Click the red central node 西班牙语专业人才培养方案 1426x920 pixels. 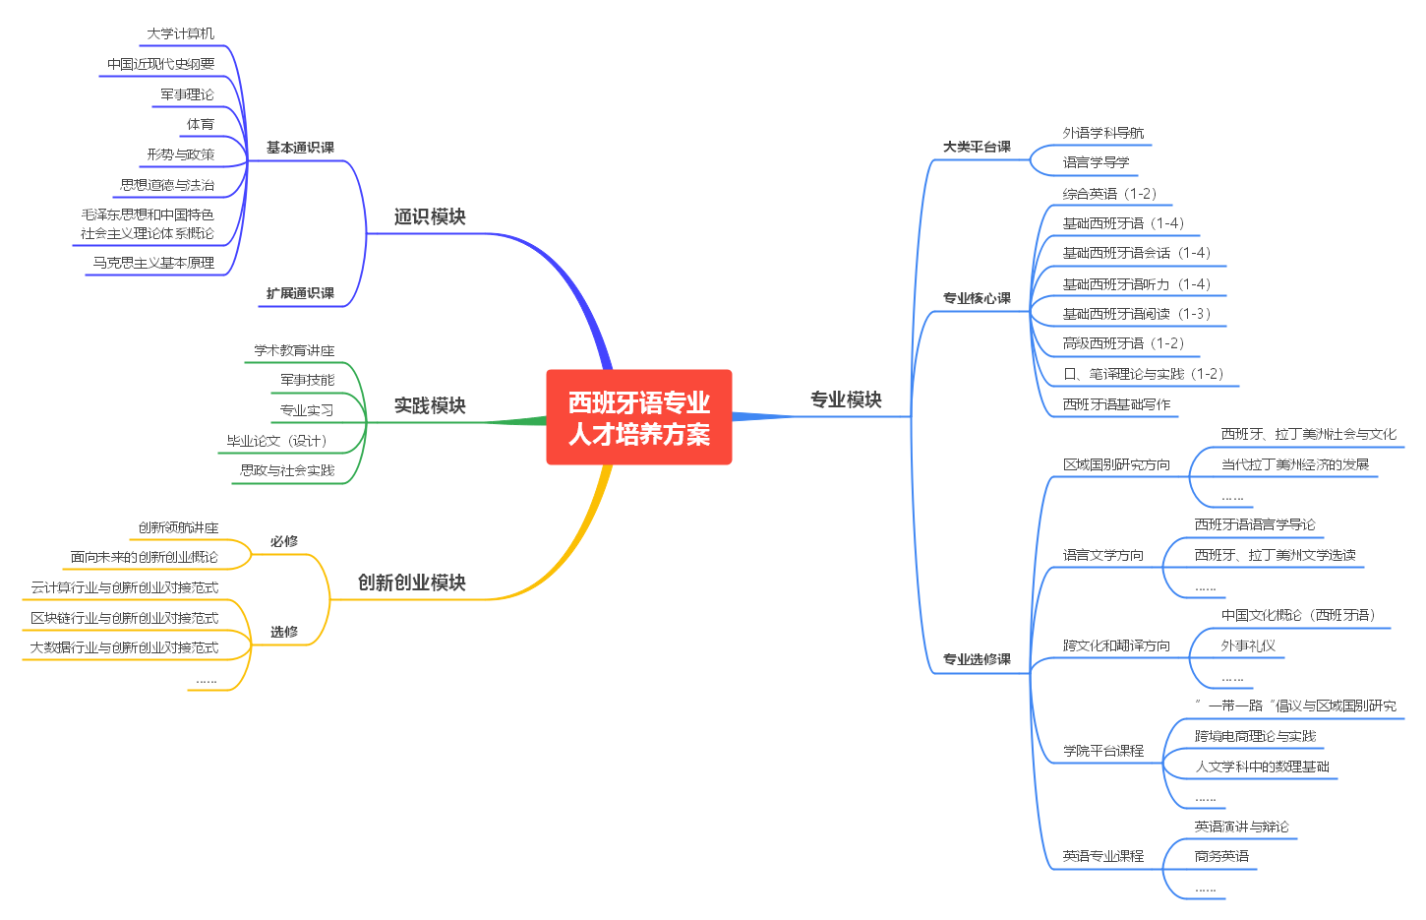(x=638, y=417)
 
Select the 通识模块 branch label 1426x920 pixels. (x=430, y=216)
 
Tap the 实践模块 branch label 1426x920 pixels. (x=430, y=405)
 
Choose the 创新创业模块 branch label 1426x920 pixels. (x=411, y=583)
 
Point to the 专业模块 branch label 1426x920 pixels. (x=846, y=399)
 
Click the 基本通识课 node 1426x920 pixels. (x=300, y=148)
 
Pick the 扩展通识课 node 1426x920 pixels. (x=300, y=293)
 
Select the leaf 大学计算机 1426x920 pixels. (x=180, y=33)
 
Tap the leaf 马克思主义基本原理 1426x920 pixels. (x=153, y=263)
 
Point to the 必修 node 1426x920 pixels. (x=284, y=541)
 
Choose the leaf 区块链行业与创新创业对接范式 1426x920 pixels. (x=125, y=618)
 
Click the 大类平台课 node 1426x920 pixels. (x=977, y=147)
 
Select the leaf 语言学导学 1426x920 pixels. (x=1096, y=162)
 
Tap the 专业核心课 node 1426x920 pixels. (x=977, y=298)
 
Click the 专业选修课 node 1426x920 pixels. (x=977, y=659)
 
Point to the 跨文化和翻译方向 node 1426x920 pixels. (x=1116, y=645)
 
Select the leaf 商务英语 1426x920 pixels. (x=1221, y=856)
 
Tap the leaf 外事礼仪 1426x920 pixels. (x=1248, y=645)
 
